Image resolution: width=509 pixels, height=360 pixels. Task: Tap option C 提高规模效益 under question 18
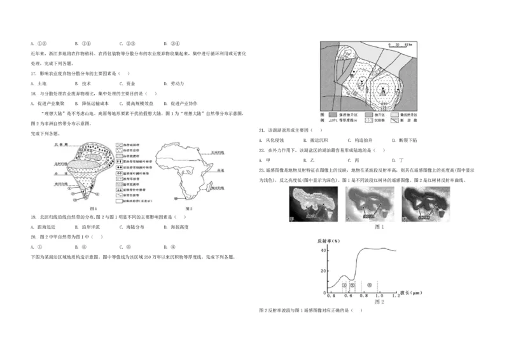pyautogui.click(x=136, y=102)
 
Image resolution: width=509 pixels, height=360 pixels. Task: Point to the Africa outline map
pyautogui.click(x=185, y=169)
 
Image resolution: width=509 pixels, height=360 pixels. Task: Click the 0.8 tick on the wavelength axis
pyautogui.click(x=363, y=296)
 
